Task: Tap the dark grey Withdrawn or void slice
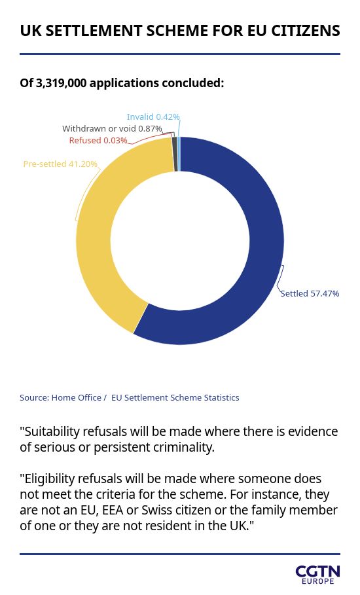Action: pyautogui.click(x=175, y=154)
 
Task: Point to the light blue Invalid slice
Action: pyautogui.click(x=179, y=154)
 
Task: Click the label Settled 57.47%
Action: pyautogui.click(x=310, y=293)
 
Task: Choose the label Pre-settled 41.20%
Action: pyautogui.click(x=60, y=164)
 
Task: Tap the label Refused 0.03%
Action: pyautogui.click(x=98, y=140)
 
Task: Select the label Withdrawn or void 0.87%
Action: pyautogui.click(x=113, y=129)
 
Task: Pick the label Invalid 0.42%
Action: pyautogui.click(x=153, y=117)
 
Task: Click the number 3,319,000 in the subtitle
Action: pyautogui.click(x=61, y=83)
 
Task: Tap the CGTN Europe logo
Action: pyautogui.click(x=318, y=575)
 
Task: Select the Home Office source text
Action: pyautogui.click(x=76, y=398)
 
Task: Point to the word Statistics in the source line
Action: pyautogui.click(x=221, y=398)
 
